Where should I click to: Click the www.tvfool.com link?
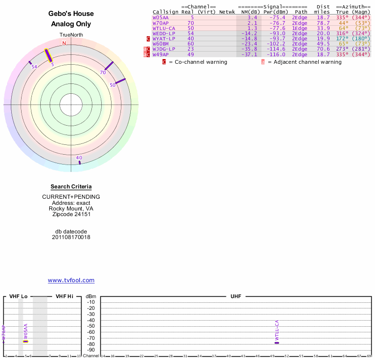click(x=71, y=280)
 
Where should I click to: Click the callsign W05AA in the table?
click(x=160, y=17)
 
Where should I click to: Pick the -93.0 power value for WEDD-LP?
click(x=277, y=33)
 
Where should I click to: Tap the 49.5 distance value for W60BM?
click(x=323, y=44)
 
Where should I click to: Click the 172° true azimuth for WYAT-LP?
click(x=342, y=38)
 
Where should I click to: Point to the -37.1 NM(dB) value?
click(x=249, y=54)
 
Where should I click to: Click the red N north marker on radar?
click(x=64, y=43)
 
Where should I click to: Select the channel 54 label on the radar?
click(x=34, y=67)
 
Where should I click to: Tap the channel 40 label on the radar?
click(x=79, y=158)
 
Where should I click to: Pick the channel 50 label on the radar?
click(x=112, y=85)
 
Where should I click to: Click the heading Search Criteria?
click(x=71, y=187)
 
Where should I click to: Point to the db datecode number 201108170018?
click(x=71, y=237)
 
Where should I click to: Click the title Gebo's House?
click(x=71, y=14)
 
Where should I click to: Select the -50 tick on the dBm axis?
click(x=91, y=326)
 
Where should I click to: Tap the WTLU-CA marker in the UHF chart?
click(x=277, y=343)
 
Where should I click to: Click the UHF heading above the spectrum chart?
click(x=235, y=296)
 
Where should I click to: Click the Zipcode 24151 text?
click(x=71, y=214)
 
